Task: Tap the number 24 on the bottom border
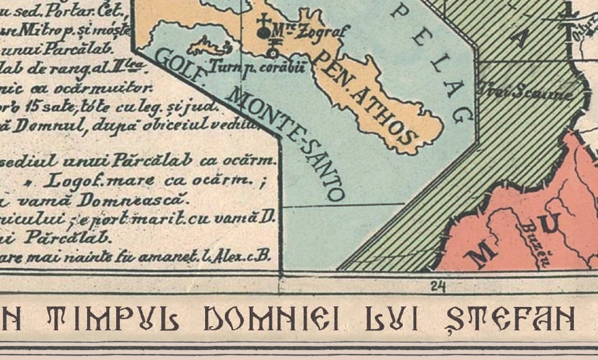click(x=439, y=285)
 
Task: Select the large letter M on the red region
click(x=484, y=253)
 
